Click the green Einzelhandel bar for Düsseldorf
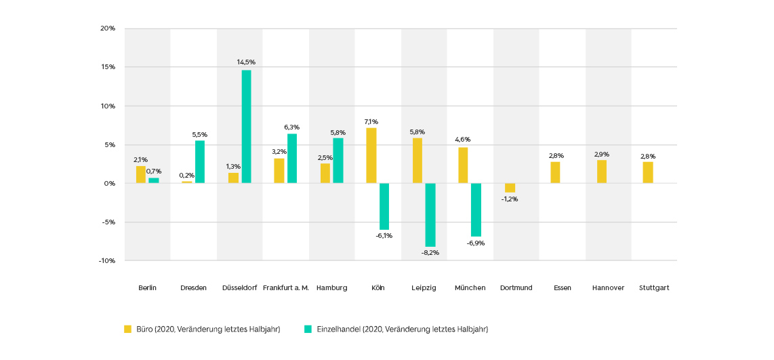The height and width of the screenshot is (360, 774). [x=246, y=127]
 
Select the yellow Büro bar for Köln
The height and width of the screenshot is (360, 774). [x=371, y=155]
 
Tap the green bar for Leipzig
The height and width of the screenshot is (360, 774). [x=430, y=215]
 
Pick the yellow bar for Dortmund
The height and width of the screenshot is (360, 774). [x=510, y=188]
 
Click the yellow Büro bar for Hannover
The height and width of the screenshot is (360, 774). [x=602, y=172]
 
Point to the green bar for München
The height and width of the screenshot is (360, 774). [x=476, y=209]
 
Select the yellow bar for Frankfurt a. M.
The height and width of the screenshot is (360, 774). [x=279, y=171]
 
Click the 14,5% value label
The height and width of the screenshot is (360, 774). [x=246, y=62]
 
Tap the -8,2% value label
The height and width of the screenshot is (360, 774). [x=430, y=252]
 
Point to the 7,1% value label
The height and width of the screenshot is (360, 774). [x=371, y=121]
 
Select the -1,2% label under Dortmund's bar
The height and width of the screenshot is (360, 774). [x=510, y=199]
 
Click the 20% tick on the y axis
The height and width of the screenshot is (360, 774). [x=108, y=28]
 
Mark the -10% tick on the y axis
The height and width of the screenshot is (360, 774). [x=106, y=261]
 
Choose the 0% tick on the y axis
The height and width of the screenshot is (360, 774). [x=110, y=184]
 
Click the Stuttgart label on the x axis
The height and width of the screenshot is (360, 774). [x=654, y=287]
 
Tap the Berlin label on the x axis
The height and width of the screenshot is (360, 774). [x=147, y=287]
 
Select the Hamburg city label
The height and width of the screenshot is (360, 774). [x=331, y=287]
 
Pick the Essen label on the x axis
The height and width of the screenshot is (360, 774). [x=562, y=287]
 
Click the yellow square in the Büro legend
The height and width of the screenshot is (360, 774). [x=127, y=329]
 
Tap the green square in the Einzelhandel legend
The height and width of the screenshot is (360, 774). [x=308, y=329]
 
